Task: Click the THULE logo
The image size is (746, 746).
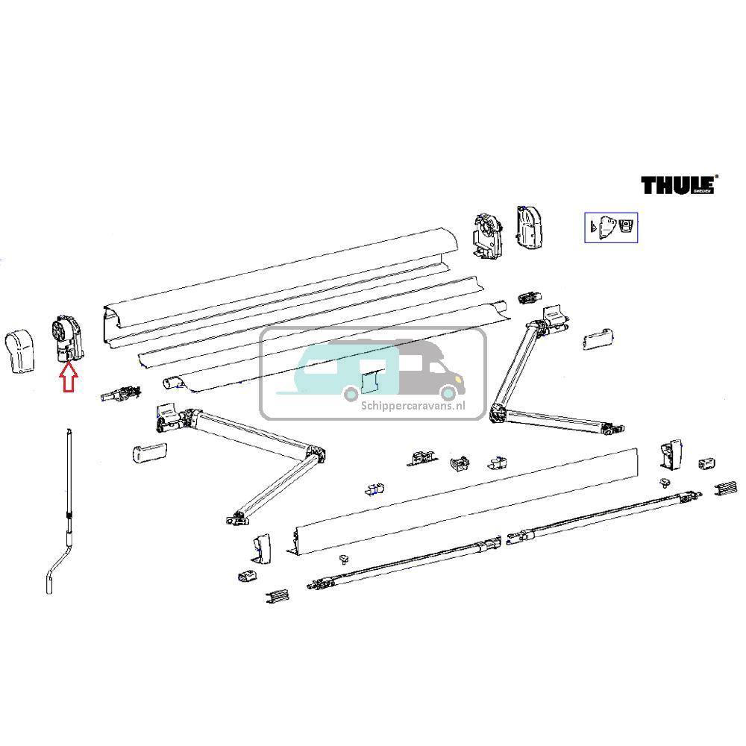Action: tap(677, 185)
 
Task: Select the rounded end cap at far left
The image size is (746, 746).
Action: tap(22, 351)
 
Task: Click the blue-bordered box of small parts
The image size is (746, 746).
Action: tap(610, 228)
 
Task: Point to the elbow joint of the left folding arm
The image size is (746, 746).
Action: tap(313, 456)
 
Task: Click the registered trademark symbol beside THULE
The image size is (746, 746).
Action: tap(716, 178)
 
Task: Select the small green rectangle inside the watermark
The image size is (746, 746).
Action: tap(370, 382)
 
